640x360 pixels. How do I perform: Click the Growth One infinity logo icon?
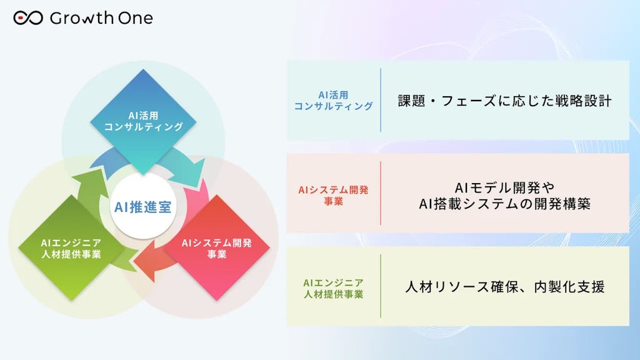pos(27,18)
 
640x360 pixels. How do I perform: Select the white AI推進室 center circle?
pos(143,207)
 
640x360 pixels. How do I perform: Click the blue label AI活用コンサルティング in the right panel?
pos(333,101)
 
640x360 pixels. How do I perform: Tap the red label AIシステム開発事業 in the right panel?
pos(333,193)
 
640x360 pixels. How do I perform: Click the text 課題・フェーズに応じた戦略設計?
pos(504,101)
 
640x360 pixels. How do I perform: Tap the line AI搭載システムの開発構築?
pos(504,203)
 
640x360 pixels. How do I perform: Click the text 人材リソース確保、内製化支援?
pos(504,287)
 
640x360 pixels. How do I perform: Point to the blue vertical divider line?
pos(381,100)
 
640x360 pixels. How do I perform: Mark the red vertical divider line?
pos(381,193)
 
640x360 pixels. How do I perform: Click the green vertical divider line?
pos(381,286)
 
